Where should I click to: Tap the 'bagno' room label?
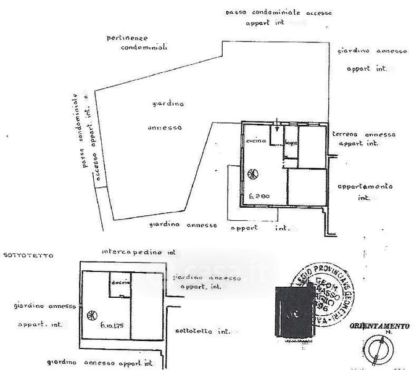tap(291, 144)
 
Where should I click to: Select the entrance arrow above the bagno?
tap(278, 128)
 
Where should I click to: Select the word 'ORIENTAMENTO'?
tap(379, 325)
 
